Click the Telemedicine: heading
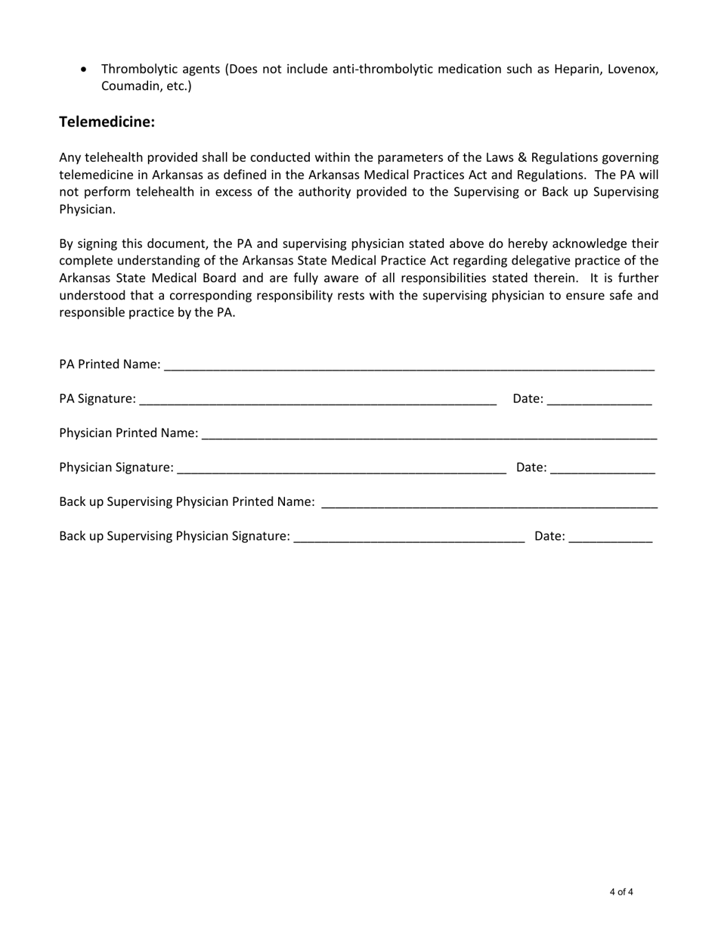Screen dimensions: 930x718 pos(107,122)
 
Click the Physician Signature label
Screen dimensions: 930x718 pos(116,467)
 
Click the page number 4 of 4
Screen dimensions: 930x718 pos(621,892)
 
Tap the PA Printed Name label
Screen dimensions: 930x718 pos(110,364)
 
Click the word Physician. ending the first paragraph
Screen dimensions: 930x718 pos(87,209)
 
